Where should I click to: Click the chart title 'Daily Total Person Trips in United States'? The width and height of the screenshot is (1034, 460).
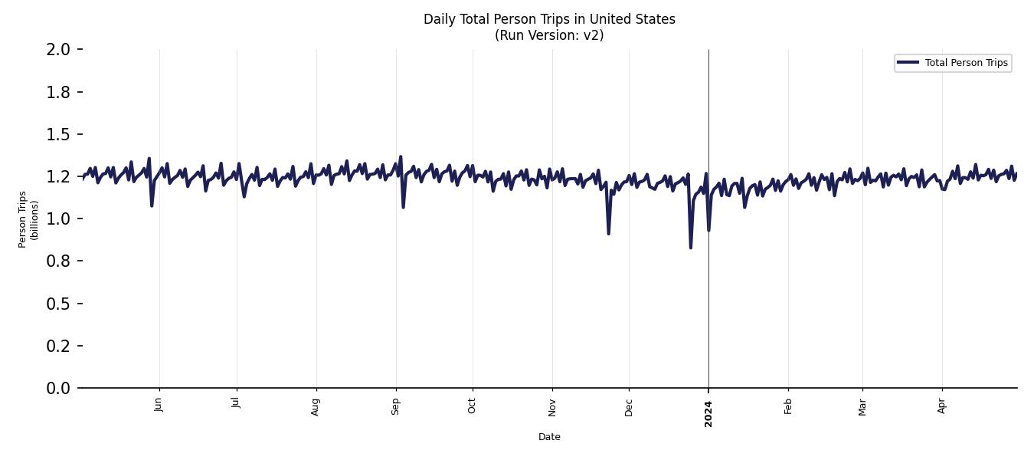coord(549,19)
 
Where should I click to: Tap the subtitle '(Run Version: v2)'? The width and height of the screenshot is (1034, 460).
coord(549,35)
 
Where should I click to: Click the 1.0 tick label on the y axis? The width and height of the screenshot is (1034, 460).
coord(58,219)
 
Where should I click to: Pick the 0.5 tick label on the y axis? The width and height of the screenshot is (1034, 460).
coord(58,304)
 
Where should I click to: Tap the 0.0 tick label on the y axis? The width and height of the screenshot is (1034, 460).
coord(58,388)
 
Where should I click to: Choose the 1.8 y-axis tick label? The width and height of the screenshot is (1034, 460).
coord(58,92)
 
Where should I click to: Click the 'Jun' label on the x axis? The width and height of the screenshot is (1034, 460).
coord(159,405)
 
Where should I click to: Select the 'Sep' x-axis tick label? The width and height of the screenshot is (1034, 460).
coord(395,406)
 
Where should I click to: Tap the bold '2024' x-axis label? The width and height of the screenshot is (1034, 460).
coord(708,414)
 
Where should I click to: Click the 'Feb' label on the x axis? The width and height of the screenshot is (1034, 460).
coord(788,406)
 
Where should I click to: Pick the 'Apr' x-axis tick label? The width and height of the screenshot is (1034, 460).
coord(942,405)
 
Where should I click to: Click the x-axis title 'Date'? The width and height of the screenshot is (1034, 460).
coord(549,437)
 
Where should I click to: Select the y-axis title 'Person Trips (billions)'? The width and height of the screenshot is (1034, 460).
coord(28,219)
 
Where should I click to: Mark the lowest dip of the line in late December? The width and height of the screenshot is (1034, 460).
coord(691,247)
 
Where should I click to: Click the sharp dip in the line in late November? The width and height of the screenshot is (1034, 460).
coord(608,233)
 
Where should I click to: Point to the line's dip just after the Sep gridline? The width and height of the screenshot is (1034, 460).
coord(403,207)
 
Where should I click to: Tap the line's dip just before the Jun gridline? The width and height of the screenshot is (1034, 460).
coord(152,205)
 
